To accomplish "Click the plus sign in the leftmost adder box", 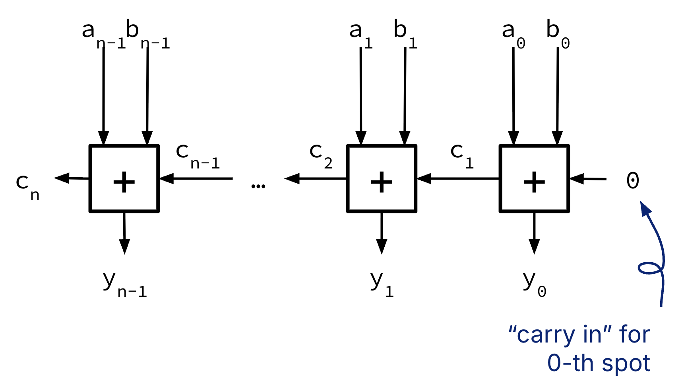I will [x=124, y=182].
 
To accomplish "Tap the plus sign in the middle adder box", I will [x=382, y=182].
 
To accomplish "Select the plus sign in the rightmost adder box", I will [x=534, y=182].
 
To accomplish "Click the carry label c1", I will [x=461, y=155].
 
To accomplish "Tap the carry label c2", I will [x=320, y=155].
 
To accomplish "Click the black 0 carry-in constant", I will [x=632, y=180].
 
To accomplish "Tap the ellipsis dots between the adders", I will [x=258, y=186].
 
